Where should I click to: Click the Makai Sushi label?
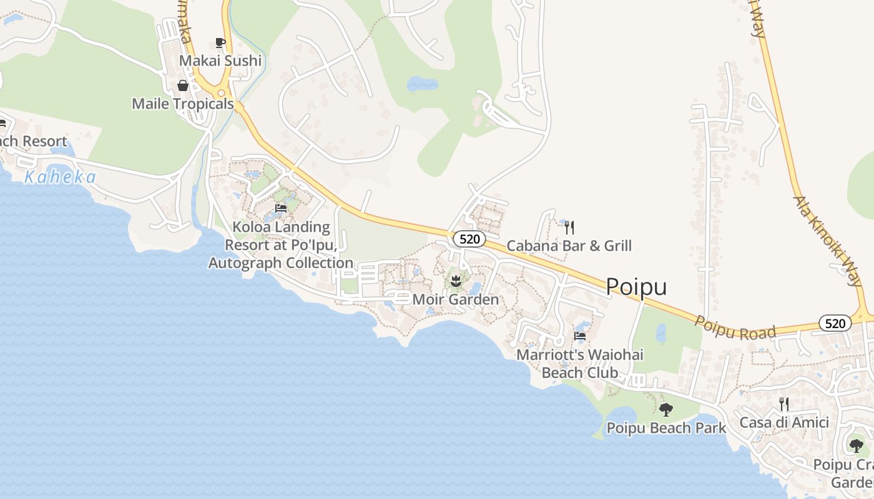pos(220,61)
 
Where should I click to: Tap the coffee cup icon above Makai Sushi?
pos(220,42)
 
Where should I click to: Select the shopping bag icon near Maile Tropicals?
pos(183,85)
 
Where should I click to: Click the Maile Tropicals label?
pos(183,104)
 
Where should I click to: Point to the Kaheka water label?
pos(61,178)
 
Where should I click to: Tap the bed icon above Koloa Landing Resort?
pos(281,208)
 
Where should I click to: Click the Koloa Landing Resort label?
pos(281,245)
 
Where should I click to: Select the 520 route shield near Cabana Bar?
pos(469,238)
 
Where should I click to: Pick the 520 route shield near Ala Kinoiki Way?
pos(835,323)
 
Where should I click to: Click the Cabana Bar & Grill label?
pos(569,246)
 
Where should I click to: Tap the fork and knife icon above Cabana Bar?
pos(569,228)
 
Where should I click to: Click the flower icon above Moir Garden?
pos(456,281)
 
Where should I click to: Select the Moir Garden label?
pos(456,299)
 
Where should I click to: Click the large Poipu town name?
pos(636,287)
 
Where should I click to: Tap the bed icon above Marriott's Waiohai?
pos(580,336)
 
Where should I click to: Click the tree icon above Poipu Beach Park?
pos(666,410)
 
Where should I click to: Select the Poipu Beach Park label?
pos(666,428)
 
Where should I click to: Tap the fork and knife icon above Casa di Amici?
pos(784,404)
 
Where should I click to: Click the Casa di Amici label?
pos(784,422)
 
